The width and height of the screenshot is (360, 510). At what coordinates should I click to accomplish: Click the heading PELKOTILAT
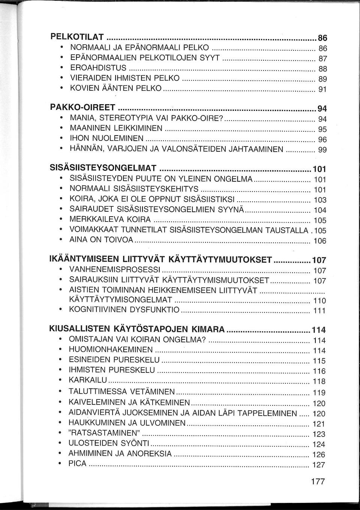tap(77, 37)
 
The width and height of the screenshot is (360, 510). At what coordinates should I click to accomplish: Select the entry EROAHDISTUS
tap(99, 68)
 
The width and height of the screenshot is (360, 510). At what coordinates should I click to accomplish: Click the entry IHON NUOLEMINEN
tap(107, 139)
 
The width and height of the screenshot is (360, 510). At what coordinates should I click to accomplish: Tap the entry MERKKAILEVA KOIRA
tap(110, 219)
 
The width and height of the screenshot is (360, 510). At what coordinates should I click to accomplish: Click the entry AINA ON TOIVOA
tap(101, 240)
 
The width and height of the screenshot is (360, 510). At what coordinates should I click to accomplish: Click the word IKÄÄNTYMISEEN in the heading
tap(85, 259)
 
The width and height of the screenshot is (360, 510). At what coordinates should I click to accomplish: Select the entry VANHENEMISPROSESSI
tap(115, 269)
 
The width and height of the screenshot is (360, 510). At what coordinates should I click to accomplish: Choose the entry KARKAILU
tap(88, 380)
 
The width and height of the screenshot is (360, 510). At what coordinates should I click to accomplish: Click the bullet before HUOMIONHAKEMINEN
tap(60, 350)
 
